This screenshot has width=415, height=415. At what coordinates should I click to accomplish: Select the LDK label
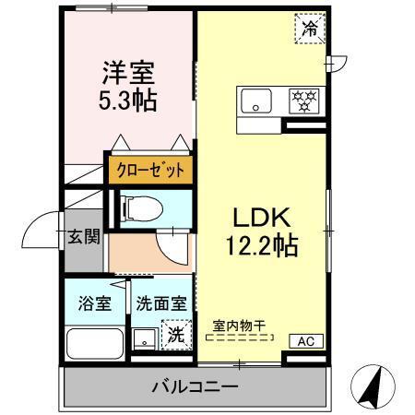[x=261, y=219]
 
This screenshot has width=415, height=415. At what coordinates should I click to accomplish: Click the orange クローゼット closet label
[x=149, y=170]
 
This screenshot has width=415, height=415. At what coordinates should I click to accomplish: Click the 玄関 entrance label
[x=83, y=237]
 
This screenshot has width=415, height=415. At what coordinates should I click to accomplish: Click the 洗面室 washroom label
[x=161, y=302]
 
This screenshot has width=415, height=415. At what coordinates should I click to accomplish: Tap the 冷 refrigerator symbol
[x=309, y=29]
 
